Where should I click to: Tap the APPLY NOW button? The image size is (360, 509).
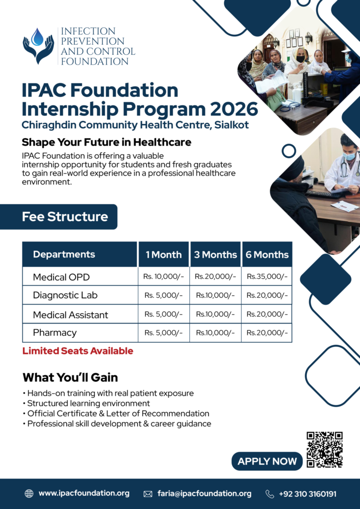tap(267, 461)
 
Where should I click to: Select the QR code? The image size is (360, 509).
tap(325, 449)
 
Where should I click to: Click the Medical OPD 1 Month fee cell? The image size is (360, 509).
tap(164, 276)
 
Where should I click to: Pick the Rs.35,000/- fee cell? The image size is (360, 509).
tap(267, 276)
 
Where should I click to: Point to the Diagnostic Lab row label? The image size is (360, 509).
tap(65, 295)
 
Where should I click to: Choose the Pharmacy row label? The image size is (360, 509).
tap(55, 333)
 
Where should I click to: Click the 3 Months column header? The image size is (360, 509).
tap(215, 254)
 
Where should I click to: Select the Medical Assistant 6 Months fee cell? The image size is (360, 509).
tap(267, 314)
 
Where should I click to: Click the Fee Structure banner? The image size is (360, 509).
tap(59, 217)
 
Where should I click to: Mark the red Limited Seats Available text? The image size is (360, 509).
tap(78, 351)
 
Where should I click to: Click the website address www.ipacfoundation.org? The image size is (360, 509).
tap(84, 494)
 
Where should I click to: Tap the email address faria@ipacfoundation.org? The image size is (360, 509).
tap(204, 494)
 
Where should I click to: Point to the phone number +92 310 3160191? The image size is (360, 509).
tap(307, 494)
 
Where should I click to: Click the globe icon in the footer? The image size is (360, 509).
tap(29, 494)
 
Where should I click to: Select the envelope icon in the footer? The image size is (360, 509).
tap(148, 494)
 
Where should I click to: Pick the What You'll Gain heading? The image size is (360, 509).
tap(70, 378)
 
